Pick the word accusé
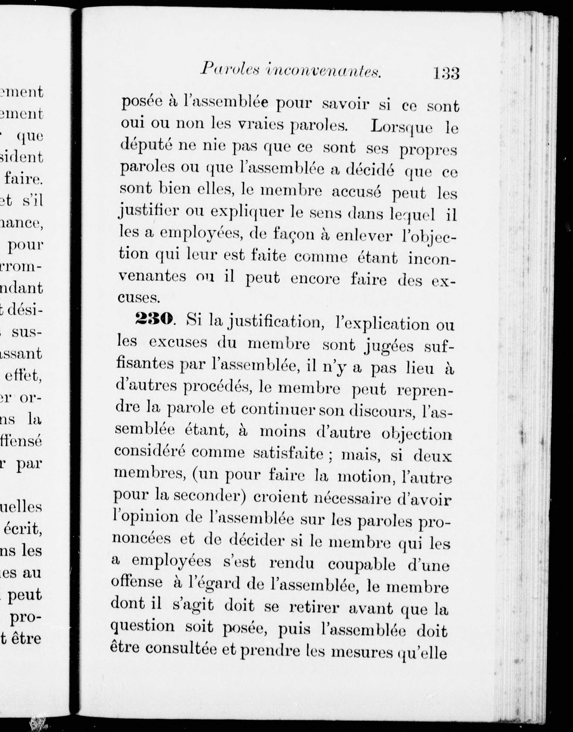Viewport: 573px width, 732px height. point(356,191)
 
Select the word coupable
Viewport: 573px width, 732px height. point(362,565)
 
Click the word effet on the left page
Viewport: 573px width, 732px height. point(23,376)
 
